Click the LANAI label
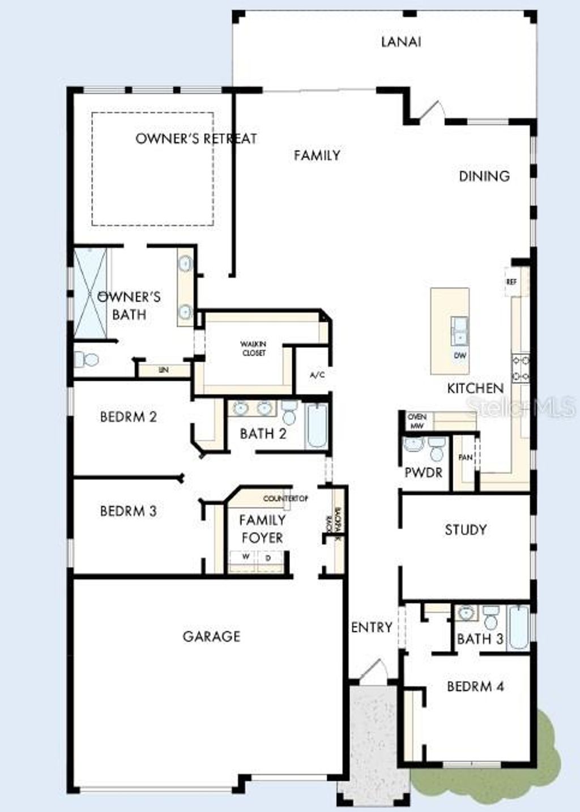(x=401, y=42)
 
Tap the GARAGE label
(x=211, y=636)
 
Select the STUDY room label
(x=466, y=530)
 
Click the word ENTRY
(x=372, y=627)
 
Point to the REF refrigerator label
(x=511, y=282)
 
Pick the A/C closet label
(x=317, y=375)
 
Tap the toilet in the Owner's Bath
(x=86, y=359)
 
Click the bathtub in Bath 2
(x=316, y=426)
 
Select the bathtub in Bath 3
(x=518, y=626)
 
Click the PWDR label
(x=423, y=472)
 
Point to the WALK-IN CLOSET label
(x=253, y=348)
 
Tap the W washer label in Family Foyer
(x=246, y=557)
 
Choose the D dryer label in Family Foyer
(x=268, y=558)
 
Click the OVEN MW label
(x=417, y=421)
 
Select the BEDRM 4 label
(x=475, y=687)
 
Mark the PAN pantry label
(x=466, y=457)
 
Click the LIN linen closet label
(x=164, y=370)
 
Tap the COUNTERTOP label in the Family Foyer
(x=285, y=499)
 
